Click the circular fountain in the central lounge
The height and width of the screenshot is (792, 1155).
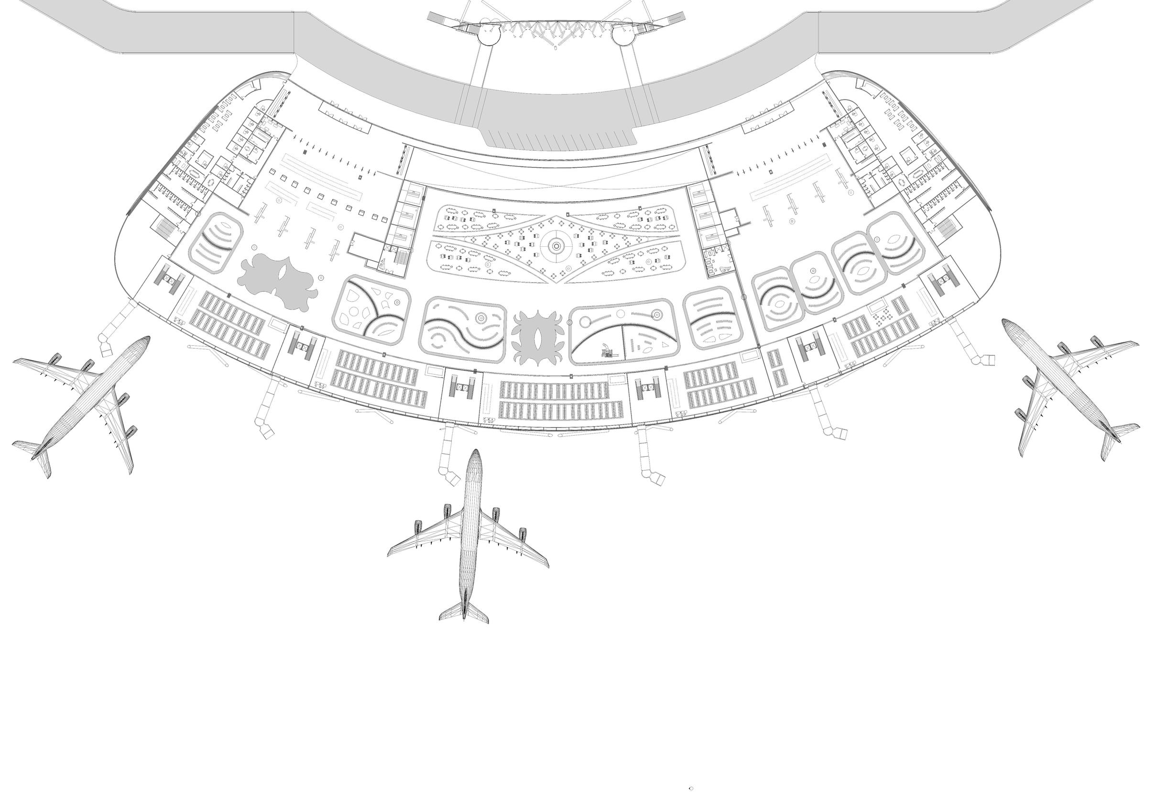(x=556, y=244)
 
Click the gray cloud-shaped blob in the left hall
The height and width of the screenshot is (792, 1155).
(x=278, y=281)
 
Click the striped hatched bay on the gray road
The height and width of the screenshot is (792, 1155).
(x=559, y=138)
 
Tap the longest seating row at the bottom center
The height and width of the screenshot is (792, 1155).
(x=560, y=410)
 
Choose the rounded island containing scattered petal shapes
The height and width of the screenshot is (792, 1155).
(x=371, y=309)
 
